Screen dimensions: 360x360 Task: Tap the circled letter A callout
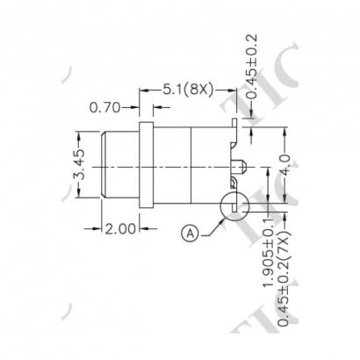pyautogui.click(x=190, y=233)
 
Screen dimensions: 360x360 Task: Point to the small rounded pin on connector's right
pyautogui.click(x=241, y=165)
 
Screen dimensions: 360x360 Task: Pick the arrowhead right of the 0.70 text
pyautogui.click(x=157, y=109)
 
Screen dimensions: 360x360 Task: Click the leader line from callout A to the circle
pyautogui.click(x=209, y=225)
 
